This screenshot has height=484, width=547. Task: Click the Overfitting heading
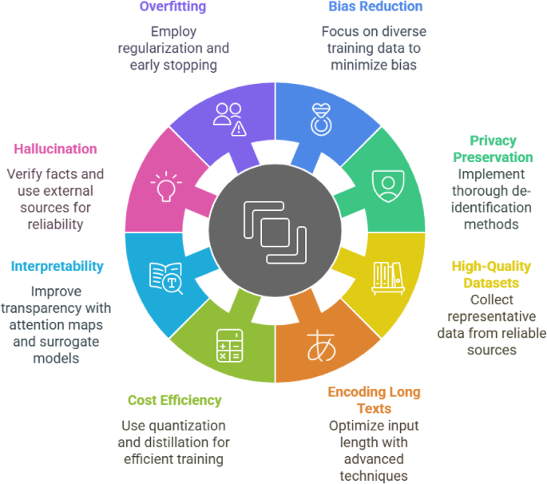coord(172,7)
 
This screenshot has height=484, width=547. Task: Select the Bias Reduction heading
coord(375,7)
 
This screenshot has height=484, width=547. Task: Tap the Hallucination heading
coord(55,149)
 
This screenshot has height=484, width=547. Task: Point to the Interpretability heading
coord(57,266)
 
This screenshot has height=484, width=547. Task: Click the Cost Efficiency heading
coord(174,400)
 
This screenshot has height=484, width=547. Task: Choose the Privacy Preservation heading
coord(492,149)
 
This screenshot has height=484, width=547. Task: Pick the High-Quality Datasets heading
coord(491,274)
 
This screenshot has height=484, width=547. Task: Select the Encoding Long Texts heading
coord(375,399)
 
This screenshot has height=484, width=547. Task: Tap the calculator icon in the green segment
coord(228,344)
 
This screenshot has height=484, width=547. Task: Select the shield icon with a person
coord(387,184)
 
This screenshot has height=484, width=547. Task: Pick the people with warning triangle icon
coord(229,119)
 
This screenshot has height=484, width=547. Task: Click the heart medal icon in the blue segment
coord(322,118)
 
